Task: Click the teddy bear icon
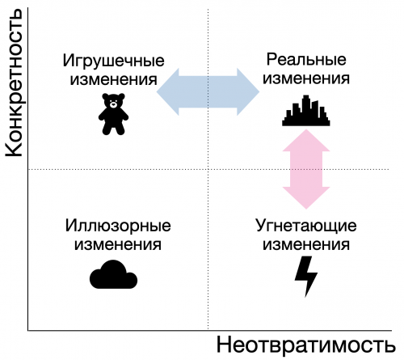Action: (113, 114)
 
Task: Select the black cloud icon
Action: (113, 275)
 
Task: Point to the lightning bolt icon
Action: (306, 277)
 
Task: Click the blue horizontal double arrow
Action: (208, 91)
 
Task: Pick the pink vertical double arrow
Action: (306, 169)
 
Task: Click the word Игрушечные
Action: (113, 61)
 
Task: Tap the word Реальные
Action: (306, 60)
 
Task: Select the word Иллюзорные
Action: (118, 226)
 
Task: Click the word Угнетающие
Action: (306, 226)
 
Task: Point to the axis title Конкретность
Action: (14, 83)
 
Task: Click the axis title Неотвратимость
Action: (306, 345)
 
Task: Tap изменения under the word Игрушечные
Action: (113, 80)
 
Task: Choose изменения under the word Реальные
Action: (306, 79)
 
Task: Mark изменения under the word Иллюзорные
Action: (118, 245)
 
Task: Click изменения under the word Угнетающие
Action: (306, 245)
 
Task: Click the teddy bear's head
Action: (113, 101)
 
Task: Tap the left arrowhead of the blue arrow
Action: (167, 91)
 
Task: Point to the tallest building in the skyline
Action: (305, 109)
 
